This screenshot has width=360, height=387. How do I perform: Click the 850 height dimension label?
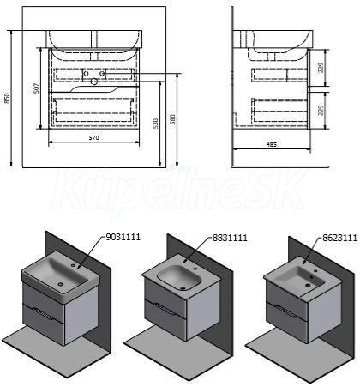[8, 98]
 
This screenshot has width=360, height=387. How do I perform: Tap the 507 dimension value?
[36, 88]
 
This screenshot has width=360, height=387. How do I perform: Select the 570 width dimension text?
[93, 138]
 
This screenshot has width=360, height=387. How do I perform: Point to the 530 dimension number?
[156, 124]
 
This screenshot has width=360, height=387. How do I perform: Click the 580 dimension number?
[172, 119]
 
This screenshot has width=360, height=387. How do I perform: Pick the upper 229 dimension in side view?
[321, 68]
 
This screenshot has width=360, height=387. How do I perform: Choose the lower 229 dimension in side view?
[321, 111]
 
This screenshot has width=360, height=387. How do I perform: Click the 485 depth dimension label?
[272, 144]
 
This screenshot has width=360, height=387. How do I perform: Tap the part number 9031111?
[123, 237]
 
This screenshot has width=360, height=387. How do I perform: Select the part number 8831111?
[230, 238]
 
